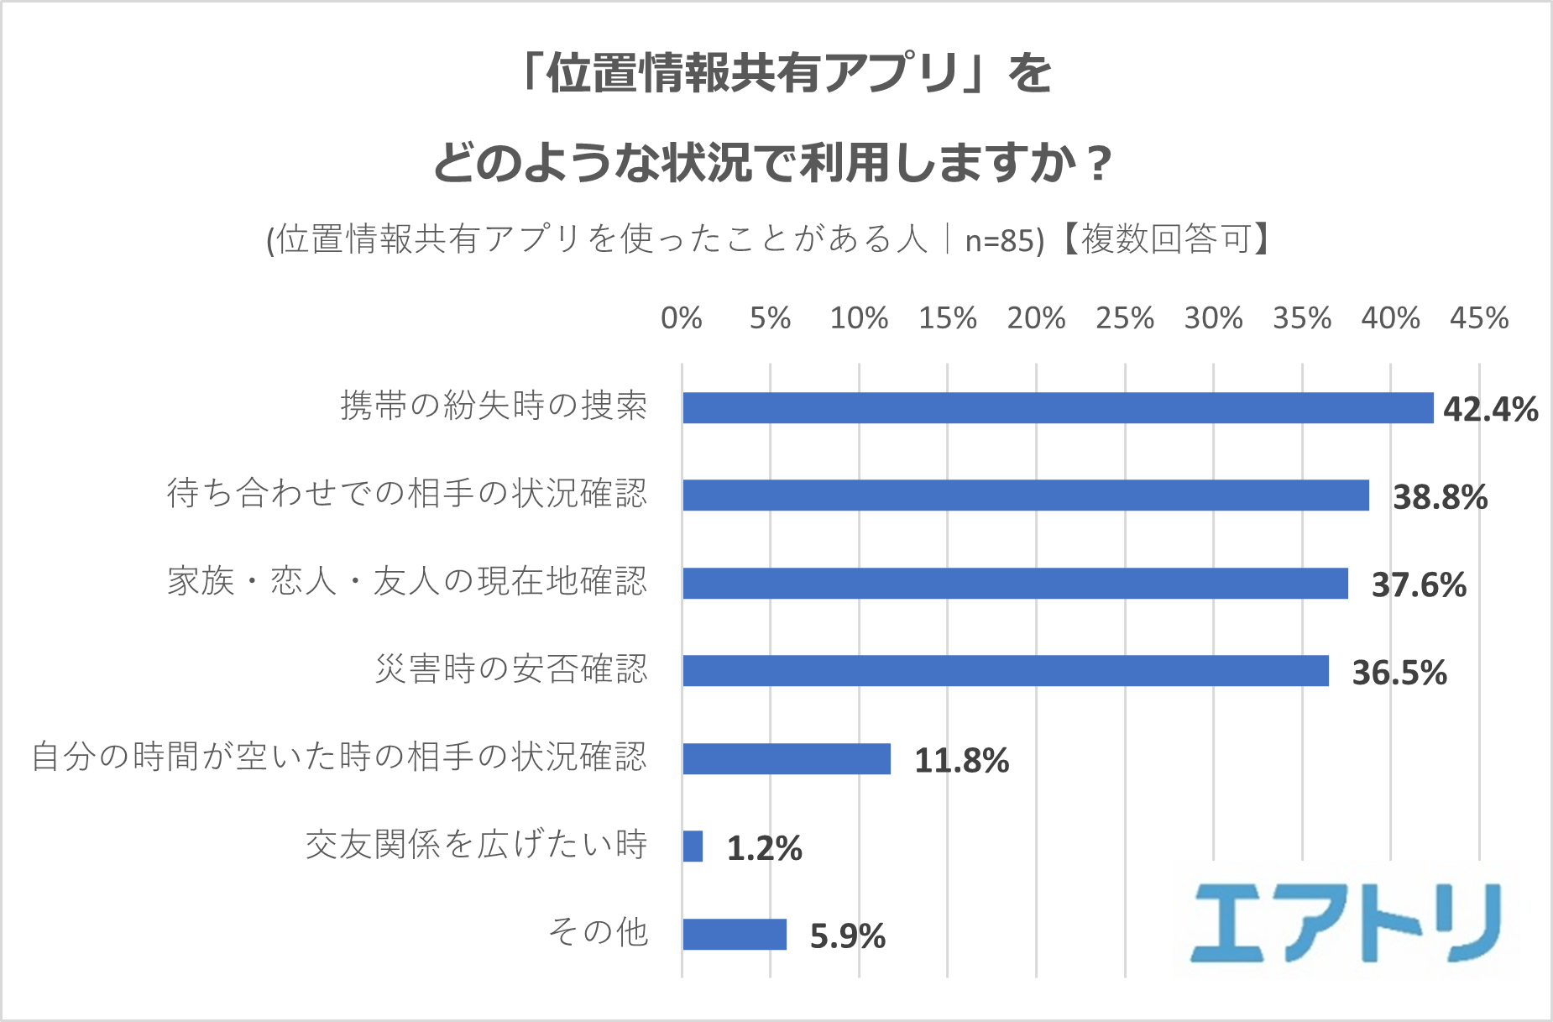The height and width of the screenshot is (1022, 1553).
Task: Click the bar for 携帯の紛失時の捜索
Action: coord(1058,408)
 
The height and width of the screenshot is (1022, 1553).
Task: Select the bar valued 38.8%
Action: coord(1026,495)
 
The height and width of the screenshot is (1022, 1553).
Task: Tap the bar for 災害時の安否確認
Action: coord(1006,671)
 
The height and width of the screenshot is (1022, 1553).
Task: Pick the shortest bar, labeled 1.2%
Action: coord(693,846)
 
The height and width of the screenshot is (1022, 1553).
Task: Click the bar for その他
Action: coord(735,935)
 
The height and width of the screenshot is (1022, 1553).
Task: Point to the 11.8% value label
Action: coord(961,761)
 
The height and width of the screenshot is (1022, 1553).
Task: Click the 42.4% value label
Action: coord(1490,410)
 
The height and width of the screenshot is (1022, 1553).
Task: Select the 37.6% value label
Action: coord(1419,585)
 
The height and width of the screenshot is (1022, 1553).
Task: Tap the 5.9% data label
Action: coord(847,936)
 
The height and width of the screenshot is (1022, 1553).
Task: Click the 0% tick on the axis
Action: coord(681,318)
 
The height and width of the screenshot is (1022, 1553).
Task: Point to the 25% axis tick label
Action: coord(1124,318)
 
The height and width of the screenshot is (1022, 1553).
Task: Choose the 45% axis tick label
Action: coord(1478,318)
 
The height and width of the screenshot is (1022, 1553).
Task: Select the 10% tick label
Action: coord(859,318)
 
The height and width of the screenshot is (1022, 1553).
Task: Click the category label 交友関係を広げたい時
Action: coord(476,845)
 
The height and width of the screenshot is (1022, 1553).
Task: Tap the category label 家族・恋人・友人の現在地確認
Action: coord(407,581)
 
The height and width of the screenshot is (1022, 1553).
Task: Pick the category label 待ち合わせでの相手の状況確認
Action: coord(407,493)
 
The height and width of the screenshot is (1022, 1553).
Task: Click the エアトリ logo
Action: coord(1346,923)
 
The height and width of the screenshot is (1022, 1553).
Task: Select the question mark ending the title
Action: coord(1096,163)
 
